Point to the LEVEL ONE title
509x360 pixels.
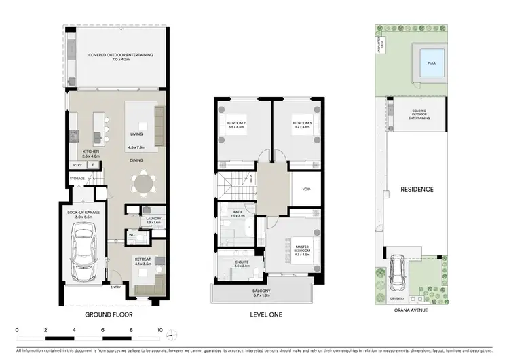click(x=266, y=315)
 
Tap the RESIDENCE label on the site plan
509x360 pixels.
click(x=416, y=189)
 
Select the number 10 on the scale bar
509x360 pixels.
click(x=159, y=331)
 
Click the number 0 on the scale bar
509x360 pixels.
click(x=16, y=331)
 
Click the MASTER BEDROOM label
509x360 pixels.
click(x=302, y=249)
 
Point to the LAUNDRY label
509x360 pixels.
click(x=153, y=219)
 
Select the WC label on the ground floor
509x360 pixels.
click(x=133, y=236)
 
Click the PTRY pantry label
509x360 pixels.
click(x=78, y=165)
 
